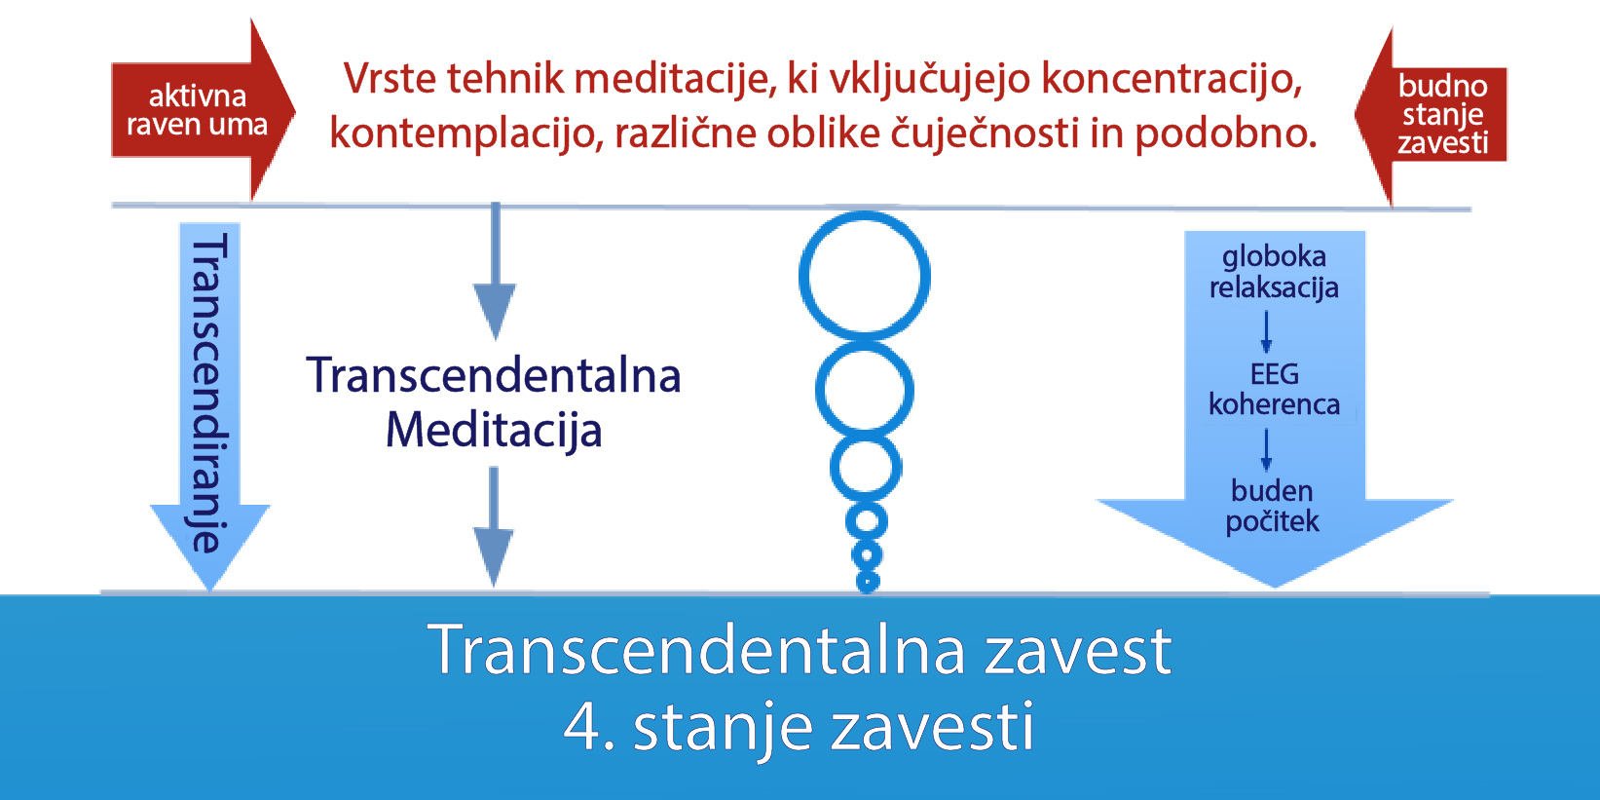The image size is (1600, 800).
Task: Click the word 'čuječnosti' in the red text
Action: [985, 133]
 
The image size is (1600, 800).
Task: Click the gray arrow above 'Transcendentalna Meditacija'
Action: [495, 272]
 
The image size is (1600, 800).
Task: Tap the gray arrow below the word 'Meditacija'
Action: [494, 527]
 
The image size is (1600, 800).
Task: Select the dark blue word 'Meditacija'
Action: [494, 430]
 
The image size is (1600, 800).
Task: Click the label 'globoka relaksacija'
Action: [1275, 272]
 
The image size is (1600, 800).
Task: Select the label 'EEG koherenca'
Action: [1275, 390]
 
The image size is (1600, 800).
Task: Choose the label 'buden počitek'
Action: [1272, 506]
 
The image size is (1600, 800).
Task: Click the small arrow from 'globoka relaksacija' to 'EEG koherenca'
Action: [1266, 331]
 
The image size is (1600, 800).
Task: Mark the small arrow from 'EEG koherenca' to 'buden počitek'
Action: [1266, 449]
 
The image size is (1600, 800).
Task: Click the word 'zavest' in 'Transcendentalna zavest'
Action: [1078, 651]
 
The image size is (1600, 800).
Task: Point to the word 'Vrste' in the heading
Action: [390, 78]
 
